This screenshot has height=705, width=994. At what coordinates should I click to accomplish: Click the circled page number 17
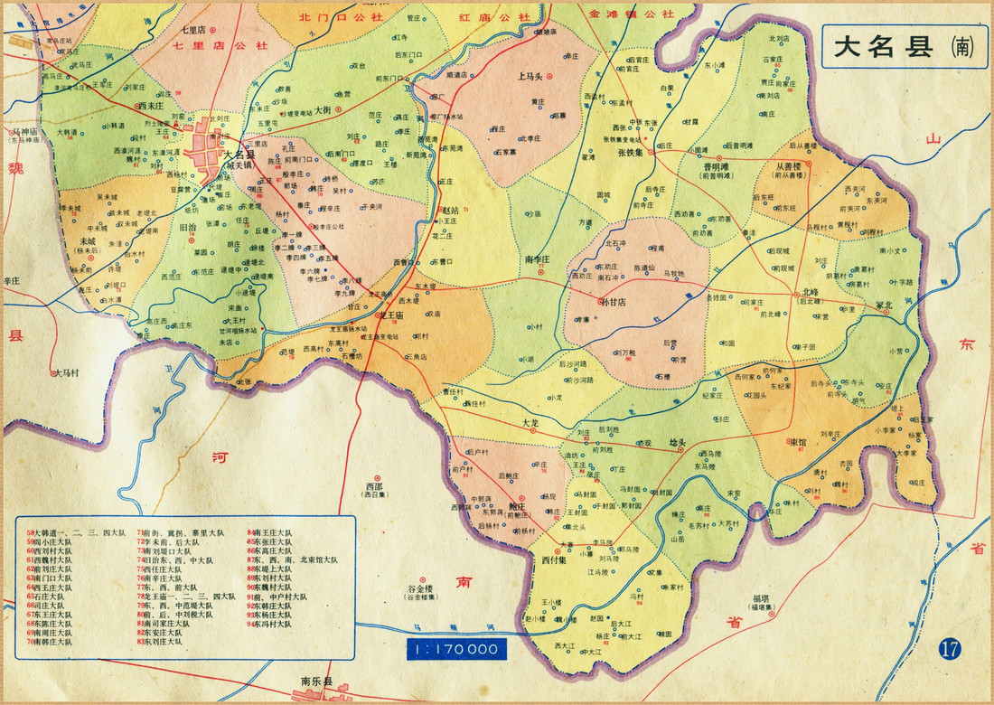(x=948, y=648)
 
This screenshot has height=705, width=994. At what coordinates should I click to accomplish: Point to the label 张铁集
(x=632, y=153)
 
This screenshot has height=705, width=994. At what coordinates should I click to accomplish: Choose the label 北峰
(x=811, y=291)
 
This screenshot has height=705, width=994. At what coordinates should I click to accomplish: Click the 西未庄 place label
(x=149, y=105)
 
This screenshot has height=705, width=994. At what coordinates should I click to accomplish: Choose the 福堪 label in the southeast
(x=756, y=598)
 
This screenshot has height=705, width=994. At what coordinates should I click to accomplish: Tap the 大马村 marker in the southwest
(x=54, y=372)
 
